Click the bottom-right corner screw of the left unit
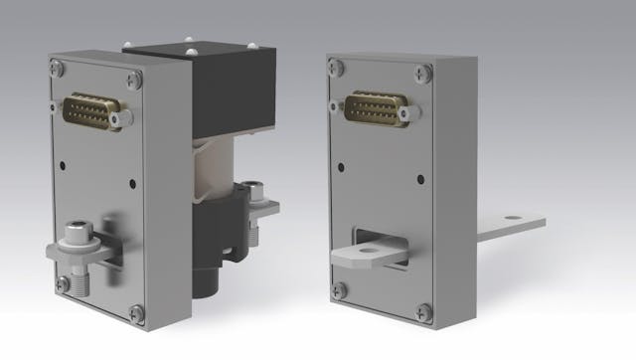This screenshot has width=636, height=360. [136, 312]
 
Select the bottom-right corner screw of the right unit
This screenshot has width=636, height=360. [424, 310]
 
